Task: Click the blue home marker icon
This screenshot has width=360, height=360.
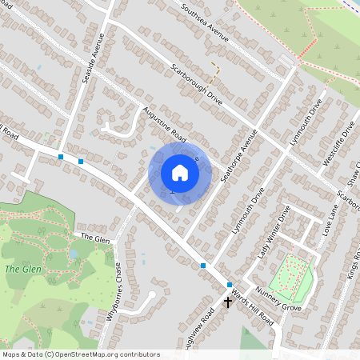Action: click(x=180, y=173)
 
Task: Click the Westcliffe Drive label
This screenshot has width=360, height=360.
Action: click(x=337, y=145)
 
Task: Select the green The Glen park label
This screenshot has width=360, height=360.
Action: click(x=18, y=269)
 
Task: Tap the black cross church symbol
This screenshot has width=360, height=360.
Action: click(x=228, y=302)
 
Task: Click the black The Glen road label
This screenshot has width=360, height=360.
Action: click(x=94, y=238)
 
